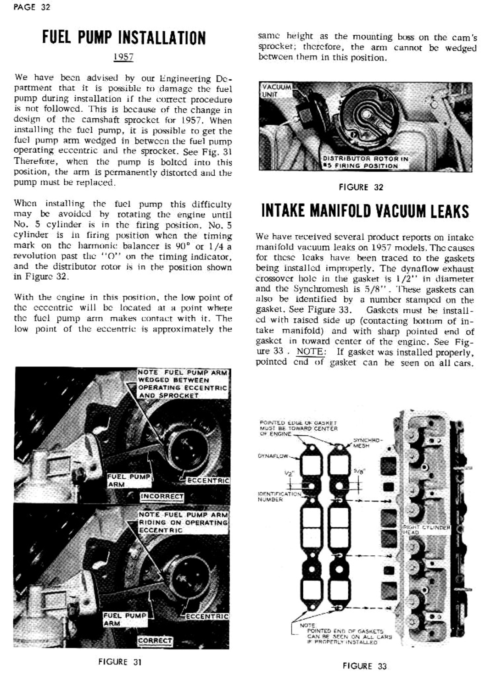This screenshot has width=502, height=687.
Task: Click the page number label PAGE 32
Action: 32,7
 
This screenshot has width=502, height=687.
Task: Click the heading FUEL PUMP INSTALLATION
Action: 124,38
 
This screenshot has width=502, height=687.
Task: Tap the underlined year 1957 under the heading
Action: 123,57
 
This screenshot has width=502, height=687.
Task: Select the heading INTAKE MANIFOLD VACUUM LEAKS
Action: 365,211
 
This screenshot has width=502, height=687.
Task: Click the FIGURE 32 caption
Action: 361,187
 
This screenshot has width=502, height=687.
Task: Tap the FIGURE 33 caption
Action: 365,666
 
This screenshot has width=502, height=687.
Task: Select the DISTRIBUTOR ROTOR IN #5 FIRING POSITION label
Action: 365,162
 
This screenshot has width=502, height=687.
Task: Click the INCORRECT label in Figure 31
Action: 162,496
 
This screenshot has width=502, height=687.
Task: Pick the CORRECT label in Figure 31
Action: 155,640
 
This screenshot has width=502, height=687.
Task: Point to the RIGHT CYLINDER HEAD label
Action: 427,530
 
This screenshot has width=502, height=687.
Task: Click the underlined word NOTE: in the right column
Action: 311,352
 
